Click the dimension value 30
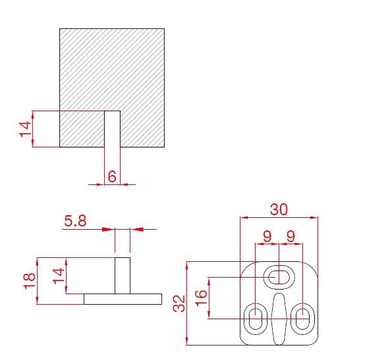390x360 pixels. click(279, 209)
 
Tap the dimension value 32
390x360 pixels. click(179, 303)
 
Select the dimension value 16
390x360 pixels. click(201, 298)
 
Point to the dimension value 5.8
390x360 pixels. click(75, 221)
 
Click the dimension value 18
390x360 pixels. click(30, 281)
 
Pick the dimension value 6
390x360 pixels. click(112, 176)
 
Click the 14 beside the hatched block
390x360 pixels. click(26, 129)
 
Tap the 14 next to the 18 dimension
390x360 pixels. click(59, 276)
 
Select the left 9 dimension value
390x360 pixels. click(267, 236)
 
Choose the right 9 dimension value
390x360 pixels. click(291, 236)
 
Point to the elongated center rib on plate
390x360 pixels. click(279, 319)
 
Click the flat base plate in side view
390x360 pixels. click(123, 299)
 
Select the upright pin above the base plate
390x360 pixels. click(123, 276)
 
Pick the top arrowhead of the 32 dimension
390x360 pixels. click(187, 267)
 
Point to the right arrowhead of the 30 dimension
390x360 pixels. click(314, 218)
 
